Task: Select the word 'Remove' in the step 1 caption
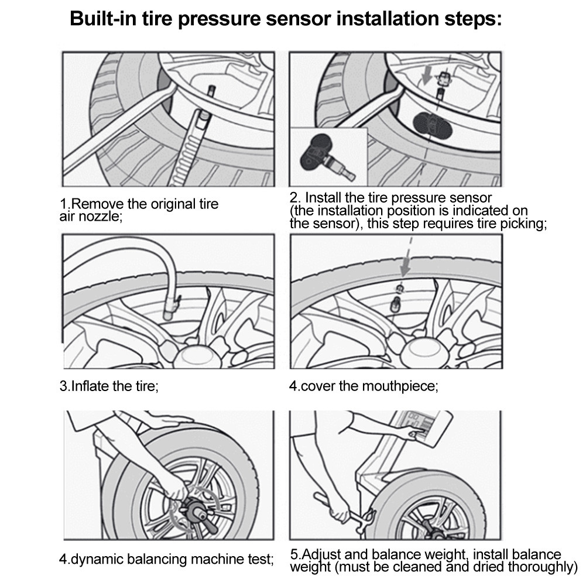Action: pyautogui.click(x=98, y=205)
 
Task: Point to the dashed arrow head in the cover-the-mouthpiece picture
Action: pyautogui.click(x=403, y=270)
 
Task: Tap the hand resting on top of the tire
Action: pyautogui.click(x=170, y=422)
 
